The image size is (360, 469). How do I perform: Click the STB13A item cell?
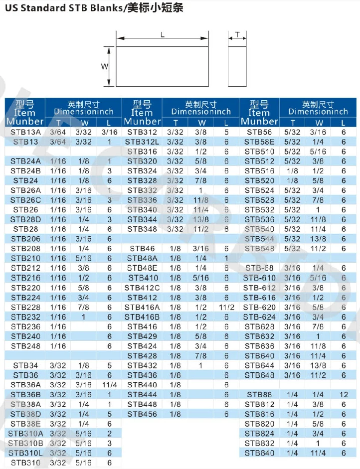coord(25,132)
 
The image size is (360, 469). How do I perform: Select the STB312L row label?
coord(142,142)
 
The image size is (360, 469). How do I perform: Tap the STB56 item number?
coord(259,132)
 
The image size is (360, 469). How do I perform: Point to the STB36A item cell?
coord(25,385)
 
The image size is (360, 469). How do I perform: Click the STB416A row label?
coord(142,307)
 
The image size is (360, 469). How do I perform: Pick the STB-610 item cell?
coord(259,278)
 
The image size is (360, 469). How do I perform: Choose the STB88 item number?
coord(259,395)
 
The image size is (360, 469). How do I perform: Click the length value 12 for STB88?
coord(344,395)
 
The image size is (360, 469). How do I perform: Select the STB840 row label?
coord(259,453)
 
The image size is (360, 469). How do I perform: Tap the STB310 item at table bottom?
coord(25,463)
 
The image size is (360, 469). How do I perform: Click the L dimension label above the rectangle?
coord(163,35)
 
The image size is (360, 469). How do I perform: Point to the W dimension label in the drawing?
coord(105,66)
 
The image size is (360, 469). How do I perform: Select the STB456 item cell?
coord(142,414)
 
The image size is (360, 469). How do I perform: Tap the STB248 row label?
coord(25,346)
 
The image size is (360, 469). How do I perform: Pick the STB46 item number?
coord(142,249)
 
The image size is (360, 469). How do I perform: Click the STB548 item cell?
coord(259,249)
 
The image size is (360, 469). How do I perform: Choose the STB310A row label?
coord(25,434)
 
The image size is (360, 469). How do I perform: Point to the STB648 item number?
coord(259,375)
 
